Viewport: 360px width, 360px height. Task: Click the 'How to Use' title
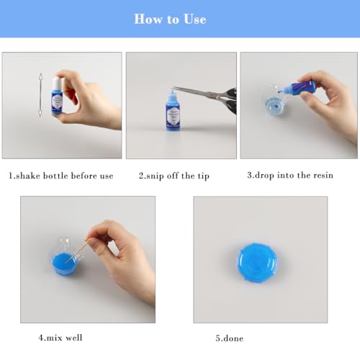pos(170,19)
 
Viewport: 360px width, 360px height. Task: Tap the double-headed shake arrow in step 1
pos(40,95)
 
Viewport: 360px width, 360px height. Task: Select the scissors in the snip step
pos(207,97)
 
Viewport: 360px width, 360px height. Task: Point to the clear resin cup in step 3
pos(274,102)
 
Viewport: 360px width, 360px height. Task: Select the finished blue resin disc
pos(257,263)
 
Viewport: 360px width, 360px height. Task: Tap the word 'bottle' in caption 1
pos(55,176)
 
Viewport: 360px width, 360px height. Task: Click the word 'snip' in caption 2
pos(155,176)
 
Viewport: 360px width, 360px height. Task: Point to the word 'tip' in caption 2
pos(204,176)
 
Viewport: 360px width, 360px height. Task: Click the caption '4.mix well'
pos(60,338)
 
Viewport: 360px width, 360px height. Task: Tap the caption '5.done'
pos(230,338)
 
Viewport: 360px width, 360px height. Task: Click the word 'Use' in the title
pos(195,19)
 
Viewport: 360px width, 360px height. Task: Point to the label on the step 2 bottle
pos(174,117)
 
